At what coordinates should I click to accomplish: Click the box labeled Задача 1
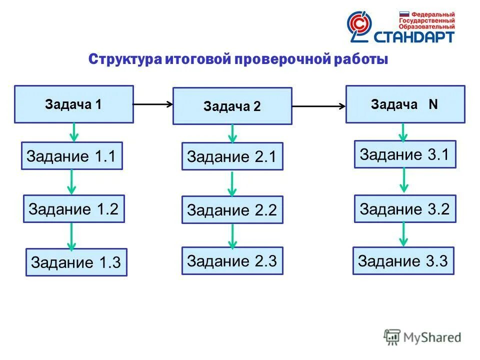[x=73, y=104]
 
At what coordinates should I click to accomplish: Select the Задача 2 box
[x=232, y=106]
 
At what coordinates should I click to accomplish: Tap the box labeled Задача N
[x=405, y=104]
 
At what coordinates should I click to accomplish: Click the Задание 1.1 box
[x=71, y=155]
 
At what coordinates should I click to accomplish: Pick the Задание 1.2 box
[x=73, y=208]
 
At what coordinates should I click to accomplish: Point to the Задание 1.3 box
[x=76, y=262]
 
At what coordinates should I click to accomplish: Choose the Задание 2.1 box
[x=232, y=156]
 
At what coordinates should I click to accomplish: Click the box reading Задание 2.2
[x=232, y=209]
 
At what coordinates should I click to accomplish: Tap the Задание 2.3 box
[x=232, y=260]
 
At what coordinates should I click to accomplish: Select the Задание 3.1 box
[x=405, y=154]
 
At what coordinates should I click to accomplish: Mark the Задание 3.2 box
[x=405, y=208]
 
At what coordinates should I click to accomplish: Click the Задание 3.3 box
[x=403, y=260]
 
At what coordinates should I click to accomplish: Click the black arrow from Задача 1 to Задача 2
[x=152, y=104]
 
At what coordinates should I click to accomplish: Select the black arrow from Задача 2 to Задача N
[x=318, y=106]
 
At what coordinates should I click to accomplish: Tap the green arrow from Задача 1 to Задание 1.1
[x=74, y=132]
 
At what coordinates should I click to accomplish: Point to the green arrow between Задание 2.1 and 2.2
[x=231, y=183]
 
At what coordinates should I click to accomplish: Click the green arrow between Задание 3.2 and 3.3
[x=404, y=234]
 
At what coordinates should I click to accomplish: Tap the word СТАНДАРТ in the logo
[x=414, y=36]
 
